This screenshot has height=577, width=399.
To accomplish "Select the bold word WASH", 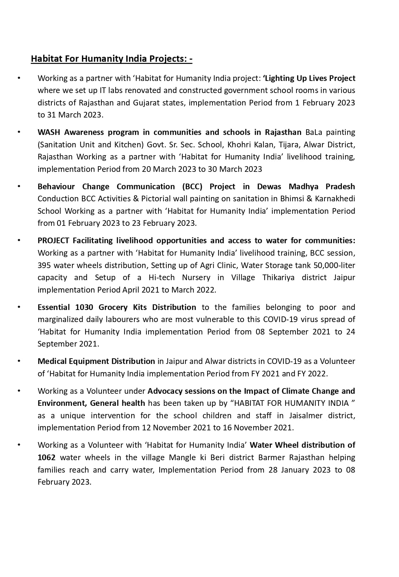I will (x=49, y=132).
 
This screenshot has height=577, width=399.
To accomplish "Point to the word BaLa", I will (x=314, y=132).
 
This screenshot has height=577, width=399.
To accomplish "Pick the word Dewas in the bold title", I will (x=269, y=187).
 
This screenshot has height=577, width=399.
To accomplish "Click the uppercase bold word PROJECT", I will (x=53, y=241).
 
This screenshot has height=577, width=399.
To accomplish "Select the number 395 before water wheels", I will (x=44, y=266).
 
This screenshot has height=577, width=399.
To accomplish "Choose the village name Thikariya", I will (x=278, y=278).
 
